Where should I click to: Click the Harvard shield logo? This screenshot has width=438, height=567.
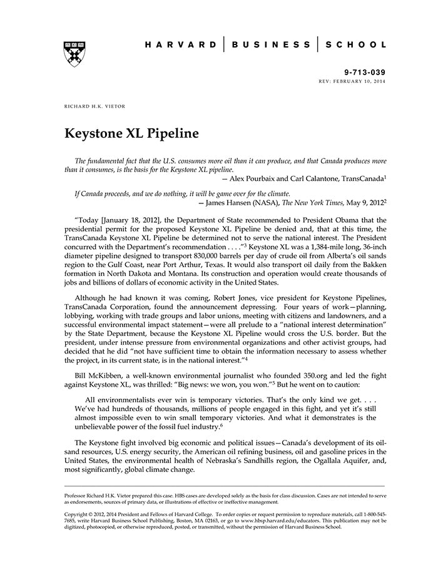(x=74, y=53)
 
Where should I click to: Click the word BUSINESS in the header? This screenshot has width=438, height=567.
(x=270, y=45)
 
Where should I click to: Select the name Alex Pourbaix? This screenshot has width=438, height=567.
(x=258, y=178)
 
